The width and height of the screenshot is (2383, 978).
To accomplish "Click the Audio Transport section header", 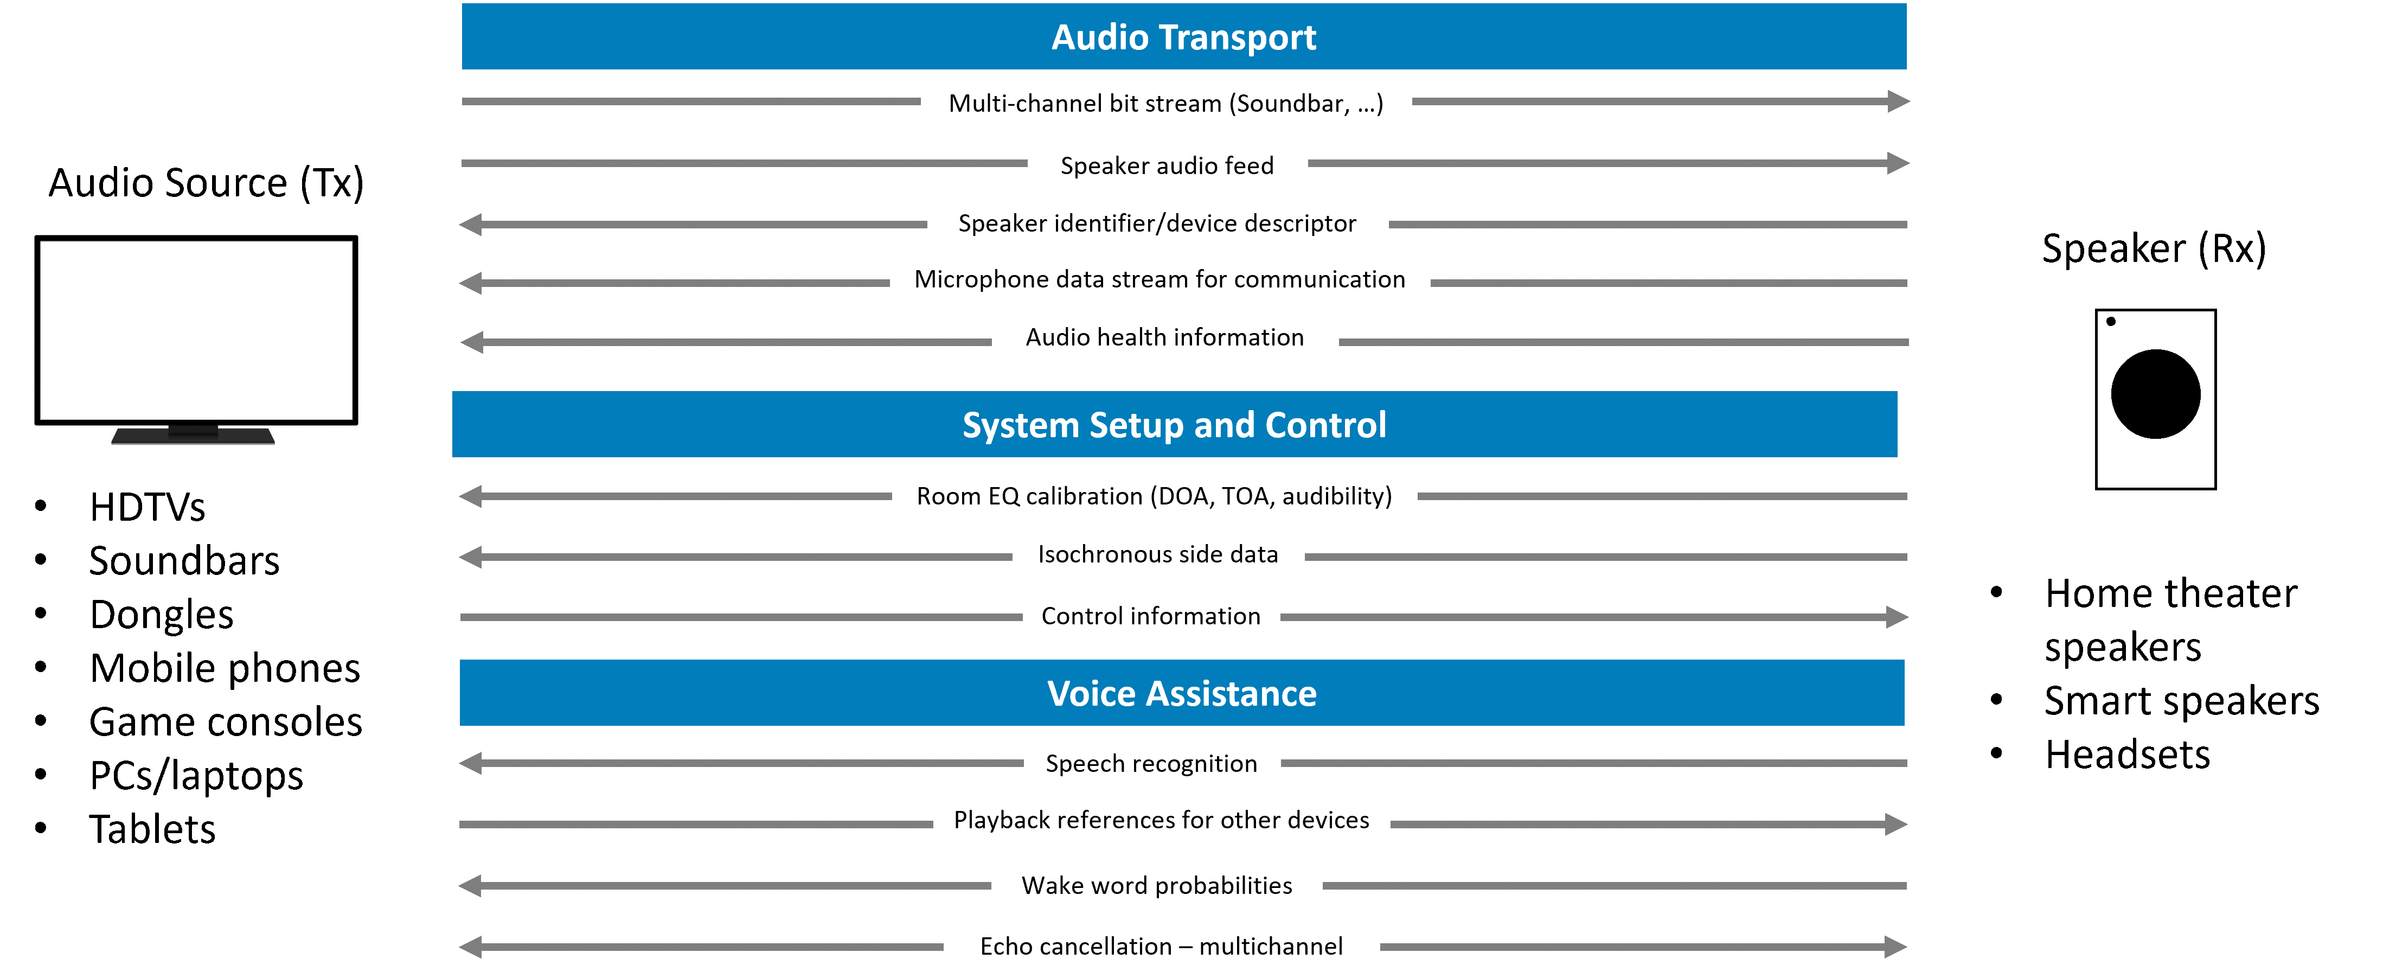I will click(x=1183, y=37).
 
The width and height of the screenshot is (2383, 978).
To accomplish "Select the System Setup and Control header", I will click(x=1174, y=425).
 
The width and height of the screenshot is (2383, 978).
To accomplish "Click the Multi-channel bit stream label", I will click(x=1165, y=103).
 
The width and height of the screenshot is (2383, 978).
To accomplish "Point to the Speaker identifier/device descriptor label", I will click(x=1157, y=223).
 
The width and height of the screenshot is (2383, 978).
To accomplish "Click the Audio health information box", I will click(x=1165, y=337).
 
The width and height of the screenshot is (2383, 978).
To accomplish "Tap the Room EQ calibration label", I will click(x=1154, y=496).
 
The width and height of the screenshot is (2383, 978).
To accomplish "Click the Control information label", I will click(x=1151, y=616).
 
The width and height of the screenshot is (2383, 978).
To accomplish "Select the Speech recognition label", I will click(x=1152, y=763).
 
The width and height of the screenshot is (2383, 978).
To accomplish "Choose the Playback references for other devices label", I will click(x=1161, y=820).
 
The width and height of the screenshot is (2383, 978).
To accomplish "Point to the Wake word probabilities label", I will click(x=1156, y=885).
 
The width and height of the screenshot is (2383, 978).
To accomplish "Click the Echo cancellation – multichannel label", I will click(x=1161, y=945).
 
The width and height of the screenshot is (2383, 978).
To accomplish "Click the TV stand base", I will click(x=194, y=436).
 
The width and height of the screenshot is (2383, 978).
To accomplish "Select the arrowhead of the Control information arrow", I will click(x=1897, y=617).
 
